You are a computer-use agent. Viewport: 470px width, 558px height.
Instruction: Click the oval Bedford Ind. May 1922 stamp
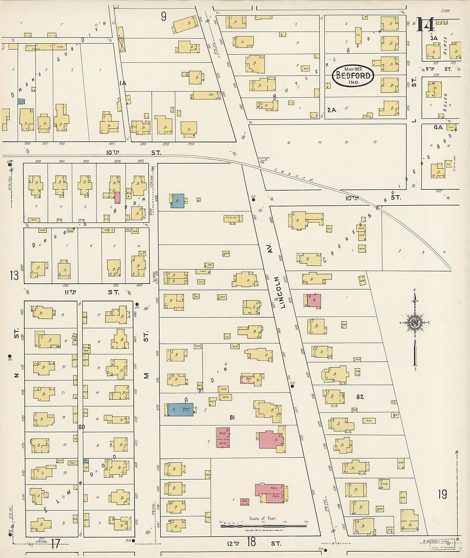(x=353, y=76)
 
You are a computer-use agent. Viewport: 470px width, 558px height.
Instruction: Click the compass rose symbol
(x=414, y=323)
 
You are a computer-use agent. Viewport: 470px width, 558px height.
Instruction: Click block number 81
(x=232, y=417)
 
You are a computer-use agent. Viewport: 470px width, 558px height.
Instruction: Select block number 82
(x=360, y=397)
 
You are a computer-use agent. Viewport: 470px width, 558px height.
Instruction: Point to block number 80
(x=81, y=427)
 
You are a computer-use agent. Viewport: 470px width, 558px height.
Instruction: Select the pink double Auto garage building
(x=223, y=438)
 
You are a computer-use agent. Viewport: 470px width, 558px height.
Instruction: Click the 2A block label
(x=332, y=110)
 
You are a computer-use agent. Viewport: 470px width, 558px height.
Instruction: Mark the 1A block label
(x=123, y=83)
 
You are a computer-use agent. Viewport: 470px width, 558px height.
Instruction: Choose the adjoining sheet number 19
(x=442, y=494)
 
